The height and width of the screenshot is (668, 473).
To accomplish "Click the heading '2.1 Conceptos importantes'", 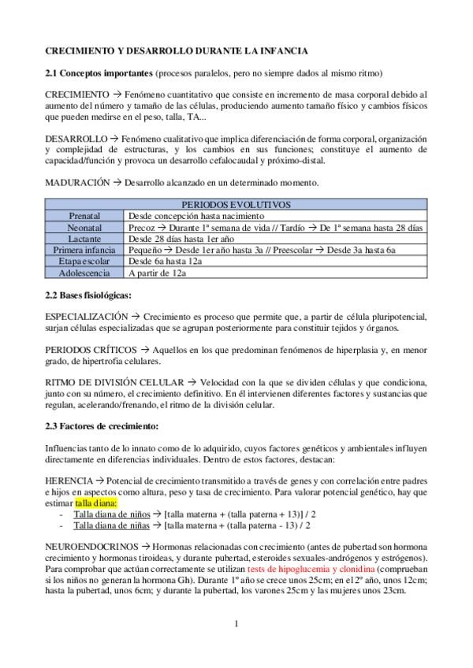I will (x=99, y=73).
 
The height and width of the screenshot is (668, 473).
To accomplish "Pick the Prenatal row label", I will (x=84, y=215).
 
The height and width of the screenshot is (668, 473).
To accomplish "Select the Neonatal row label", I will (x=84, y=227).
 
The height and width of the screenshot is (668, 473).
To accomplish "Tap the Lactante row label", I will (x=84, y=238).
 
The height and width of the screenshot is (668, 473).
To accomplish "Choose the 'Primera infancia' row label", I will (x=84, y=250).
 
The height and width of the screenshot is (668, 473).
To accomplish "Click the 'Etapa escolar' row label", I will (x=84, y=261).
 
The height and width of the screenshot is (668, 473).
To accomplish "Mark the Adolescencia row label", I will (x=84, y=273).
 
